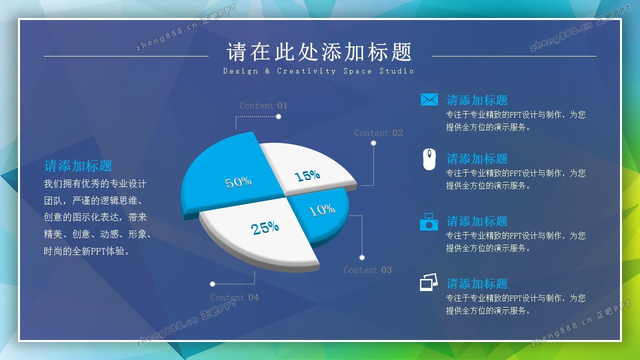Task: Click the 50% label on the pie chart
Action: [238, 182]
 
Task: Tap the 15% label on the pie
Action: [307, 175]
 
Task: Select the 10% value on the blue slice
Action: [321, 210]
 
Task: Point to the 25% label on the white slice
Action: [264, 227]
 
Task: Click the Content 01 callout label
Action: [263, 105]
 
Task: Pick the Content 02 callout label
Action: [378, 133]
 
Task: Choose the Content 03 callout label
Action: [367, 270]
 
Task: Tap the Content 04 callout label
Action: [234, 297]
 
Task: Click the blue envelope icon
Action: [429, 99]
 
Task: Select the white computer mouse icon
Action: [429, 159]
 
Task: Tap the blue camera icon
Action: [429, 221]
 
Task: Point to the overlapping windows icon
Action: [429, 282]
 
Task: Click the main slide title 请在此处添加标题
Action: [319, 52]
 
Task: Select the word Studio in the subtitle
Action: [396, 71]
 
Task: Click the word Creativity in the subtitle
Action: [306, 71]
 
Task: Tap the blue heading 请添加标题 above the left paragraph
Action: [77, 165]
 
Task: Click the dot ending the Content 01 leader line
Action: [278, 116]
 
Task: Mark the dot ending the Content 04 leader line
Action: [212, 284]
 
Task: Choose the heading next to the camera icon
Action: [477, 221]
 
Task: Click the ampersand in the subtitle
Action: [267, 71]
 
